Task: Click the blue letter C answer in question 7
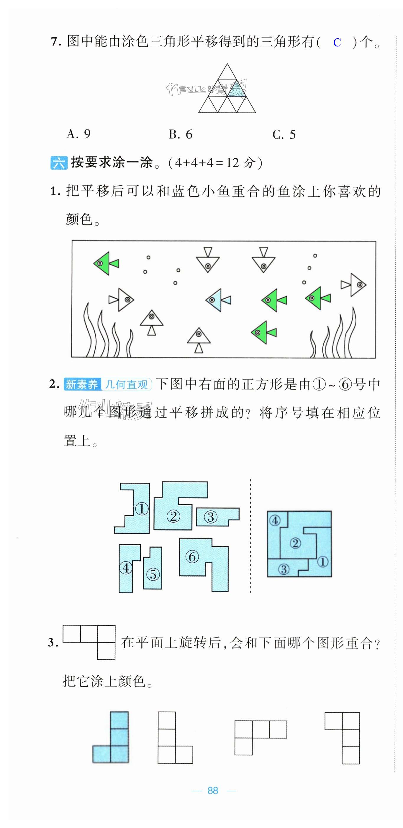point(337,43)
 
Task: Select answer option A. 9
point(79,134)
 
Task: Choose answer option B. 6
point(181,134)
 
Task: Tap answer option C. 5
point(284,134)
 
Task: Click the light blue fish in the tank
point(218,300)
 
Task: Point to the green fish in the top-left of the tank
point(106,263)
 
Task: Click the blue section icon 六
point(59,163)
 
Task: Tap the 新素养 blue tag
point(82,384)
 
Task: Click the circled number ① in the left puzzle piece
point(142,509)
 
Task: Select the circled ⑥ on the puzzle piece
point(192,557)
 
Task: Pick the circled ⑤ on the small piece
point(153,574)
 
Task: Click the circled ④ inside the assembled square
point(275,520)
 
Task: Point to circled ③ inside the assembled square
point(284,569)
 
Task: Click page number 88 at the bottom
point(213,790)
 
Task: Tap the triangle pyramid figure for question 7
point(227,88)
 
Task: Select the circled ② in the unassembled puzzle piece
point(173,516)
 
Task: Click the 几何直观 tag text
point(126,384)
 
